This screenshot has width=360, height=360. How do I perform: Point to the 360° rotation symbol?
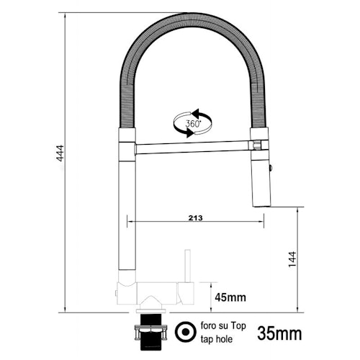(x=192, y=123)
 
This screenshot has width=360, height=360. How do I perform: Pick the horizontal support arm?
(x=190, y=148)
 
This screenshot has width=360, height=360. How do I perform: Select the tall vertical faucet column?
(x=125, y=216)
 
